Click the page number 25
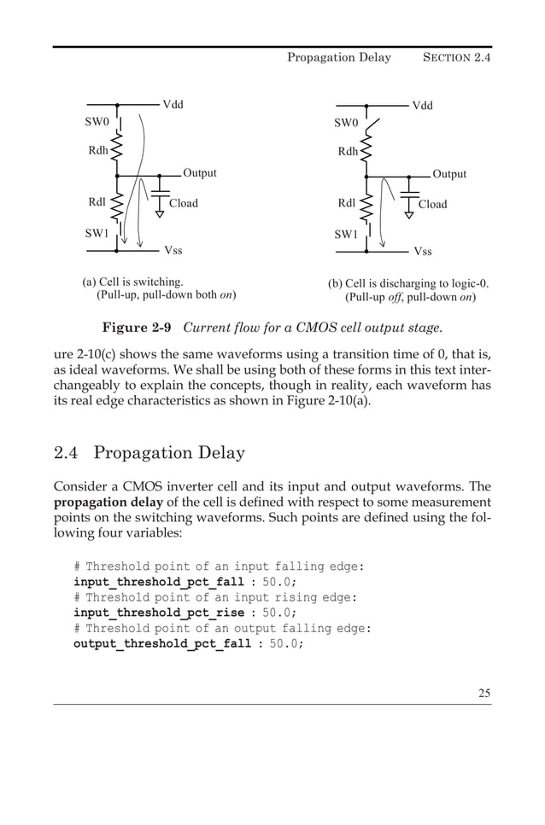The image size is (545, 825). [x=484, y=693]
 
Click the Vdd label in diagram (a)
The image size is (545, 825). [x=173, y=105]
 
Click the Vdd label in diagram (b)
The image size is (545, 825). [x=423, y=106]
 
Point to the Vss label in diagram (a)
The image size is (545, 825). [x=173, y=251]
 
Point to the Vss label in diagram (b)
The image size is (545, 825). [x=423, y=252]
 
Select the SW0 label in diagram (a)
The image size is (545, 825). [x=97, y=122]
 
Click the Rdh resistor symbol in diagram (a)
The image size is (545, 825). [x=117, y=152]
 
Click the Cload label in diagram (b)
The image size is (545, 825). [x=432, y=205]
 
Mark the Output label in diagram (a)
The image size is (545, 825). [x=199, y=173]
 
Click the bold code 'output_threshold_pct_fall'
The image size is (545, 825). [x=162, y=643]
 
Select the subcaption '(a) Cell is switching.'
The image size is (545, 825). [x=132, y=281]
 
